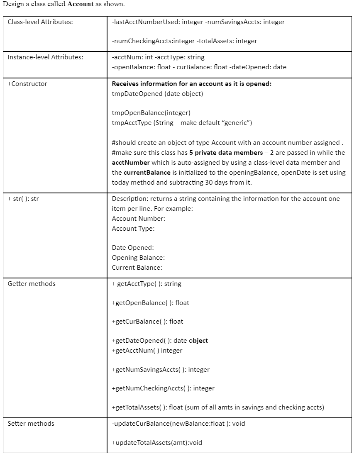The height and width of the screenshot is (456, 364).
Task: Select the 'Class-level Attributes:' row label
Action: [40, 22]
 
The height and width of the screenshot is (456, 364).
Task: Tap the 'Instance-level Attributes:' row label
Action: [45, 57]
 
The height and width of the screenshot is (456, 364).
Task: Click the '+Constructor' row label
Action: [27, 84]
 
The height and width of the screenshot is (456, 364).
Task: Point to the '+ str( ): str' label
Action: [23, 199]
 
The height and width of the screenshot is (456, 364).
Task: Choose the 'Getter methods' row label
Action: [32, 284]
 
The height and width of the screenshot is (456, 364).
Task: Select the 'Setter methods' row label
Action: [31, 424]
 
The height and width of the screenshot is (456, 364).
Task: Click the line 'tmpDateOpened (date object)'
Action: [157, 94]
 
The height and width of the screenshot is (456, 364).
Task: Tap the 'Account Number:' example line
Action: [138, 219]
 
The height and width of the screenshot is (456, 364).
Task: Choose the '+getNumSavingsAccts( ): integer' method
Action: [161, 370]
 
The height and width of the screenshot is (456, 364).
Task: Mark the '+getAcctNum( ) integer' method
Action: [147, 351]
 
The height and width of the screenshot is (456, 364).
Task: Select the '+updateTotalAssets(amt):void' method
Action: [157, 443]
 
